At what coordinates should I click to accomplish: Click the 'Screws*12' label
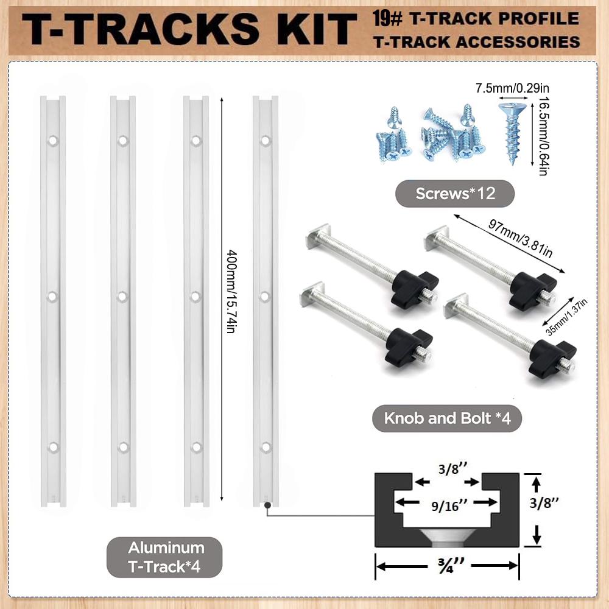point(455,194)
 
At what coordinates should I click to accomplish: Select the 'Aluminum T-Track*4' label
point(164,557)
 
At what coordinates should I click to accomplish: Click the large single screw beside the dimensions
point(512,132)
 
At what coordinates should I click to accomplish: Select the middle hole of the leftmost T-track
point(52,297)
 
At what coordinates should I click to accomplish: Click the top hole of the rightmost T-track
point(266,141)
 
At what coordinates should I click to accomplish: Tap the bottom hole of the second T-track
point(123,448)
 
